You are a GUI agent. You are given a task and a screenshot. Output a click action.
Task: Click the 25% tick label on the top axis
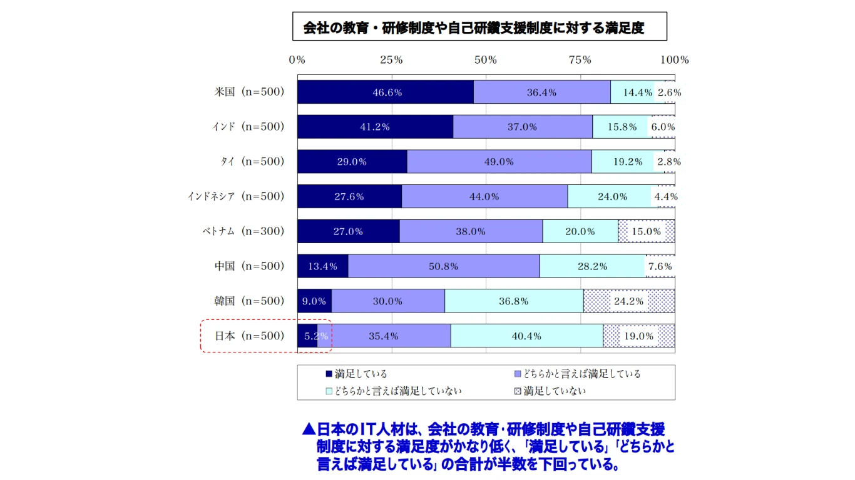click(x=391, y=60)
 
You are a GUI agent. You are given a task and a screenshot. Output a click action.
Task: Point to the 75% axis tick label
click(x=580, y=60)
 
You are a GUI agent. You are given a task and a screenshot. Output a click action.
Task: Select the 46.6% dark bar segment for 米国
click(x=386, y=92)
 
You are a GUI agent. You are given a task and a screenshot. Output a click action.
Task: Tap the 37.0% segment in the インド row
click(x=523, y=127)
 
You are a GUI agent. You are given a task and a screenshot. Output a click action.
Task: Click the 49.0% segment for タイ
click(x=499, y=161)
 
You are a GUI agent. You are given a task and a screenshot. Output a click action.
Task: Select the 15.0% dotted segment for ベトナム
click(x=647, y=231)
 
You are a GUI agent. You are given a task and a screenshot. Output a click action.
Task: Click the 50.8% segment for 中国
click(x=444, y=266)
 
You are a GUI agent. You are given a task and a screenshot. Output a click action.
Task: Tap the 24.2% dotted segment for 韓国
click(x=629, y=301)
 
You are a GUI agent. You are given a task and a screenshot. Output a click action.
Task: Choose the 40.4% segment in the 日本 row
click(x=526, y=336)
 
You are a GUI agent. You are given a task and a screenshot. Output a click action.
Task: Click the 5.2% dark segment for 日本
click(x=307, y=336)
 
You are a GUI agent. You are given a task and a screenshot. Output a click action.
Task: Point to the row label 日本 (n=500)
click(x=249, y=336)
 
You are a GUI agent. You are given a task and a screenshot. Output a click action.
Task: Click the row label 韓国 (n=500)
click(x=249, y=301)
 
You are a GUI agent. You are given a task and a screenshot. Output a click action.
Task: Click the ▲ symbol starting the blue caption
click(x=308, y=430)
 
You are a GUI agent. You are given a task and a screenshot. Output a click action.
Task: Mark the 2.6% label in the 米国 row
click(x=668, y=92)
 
